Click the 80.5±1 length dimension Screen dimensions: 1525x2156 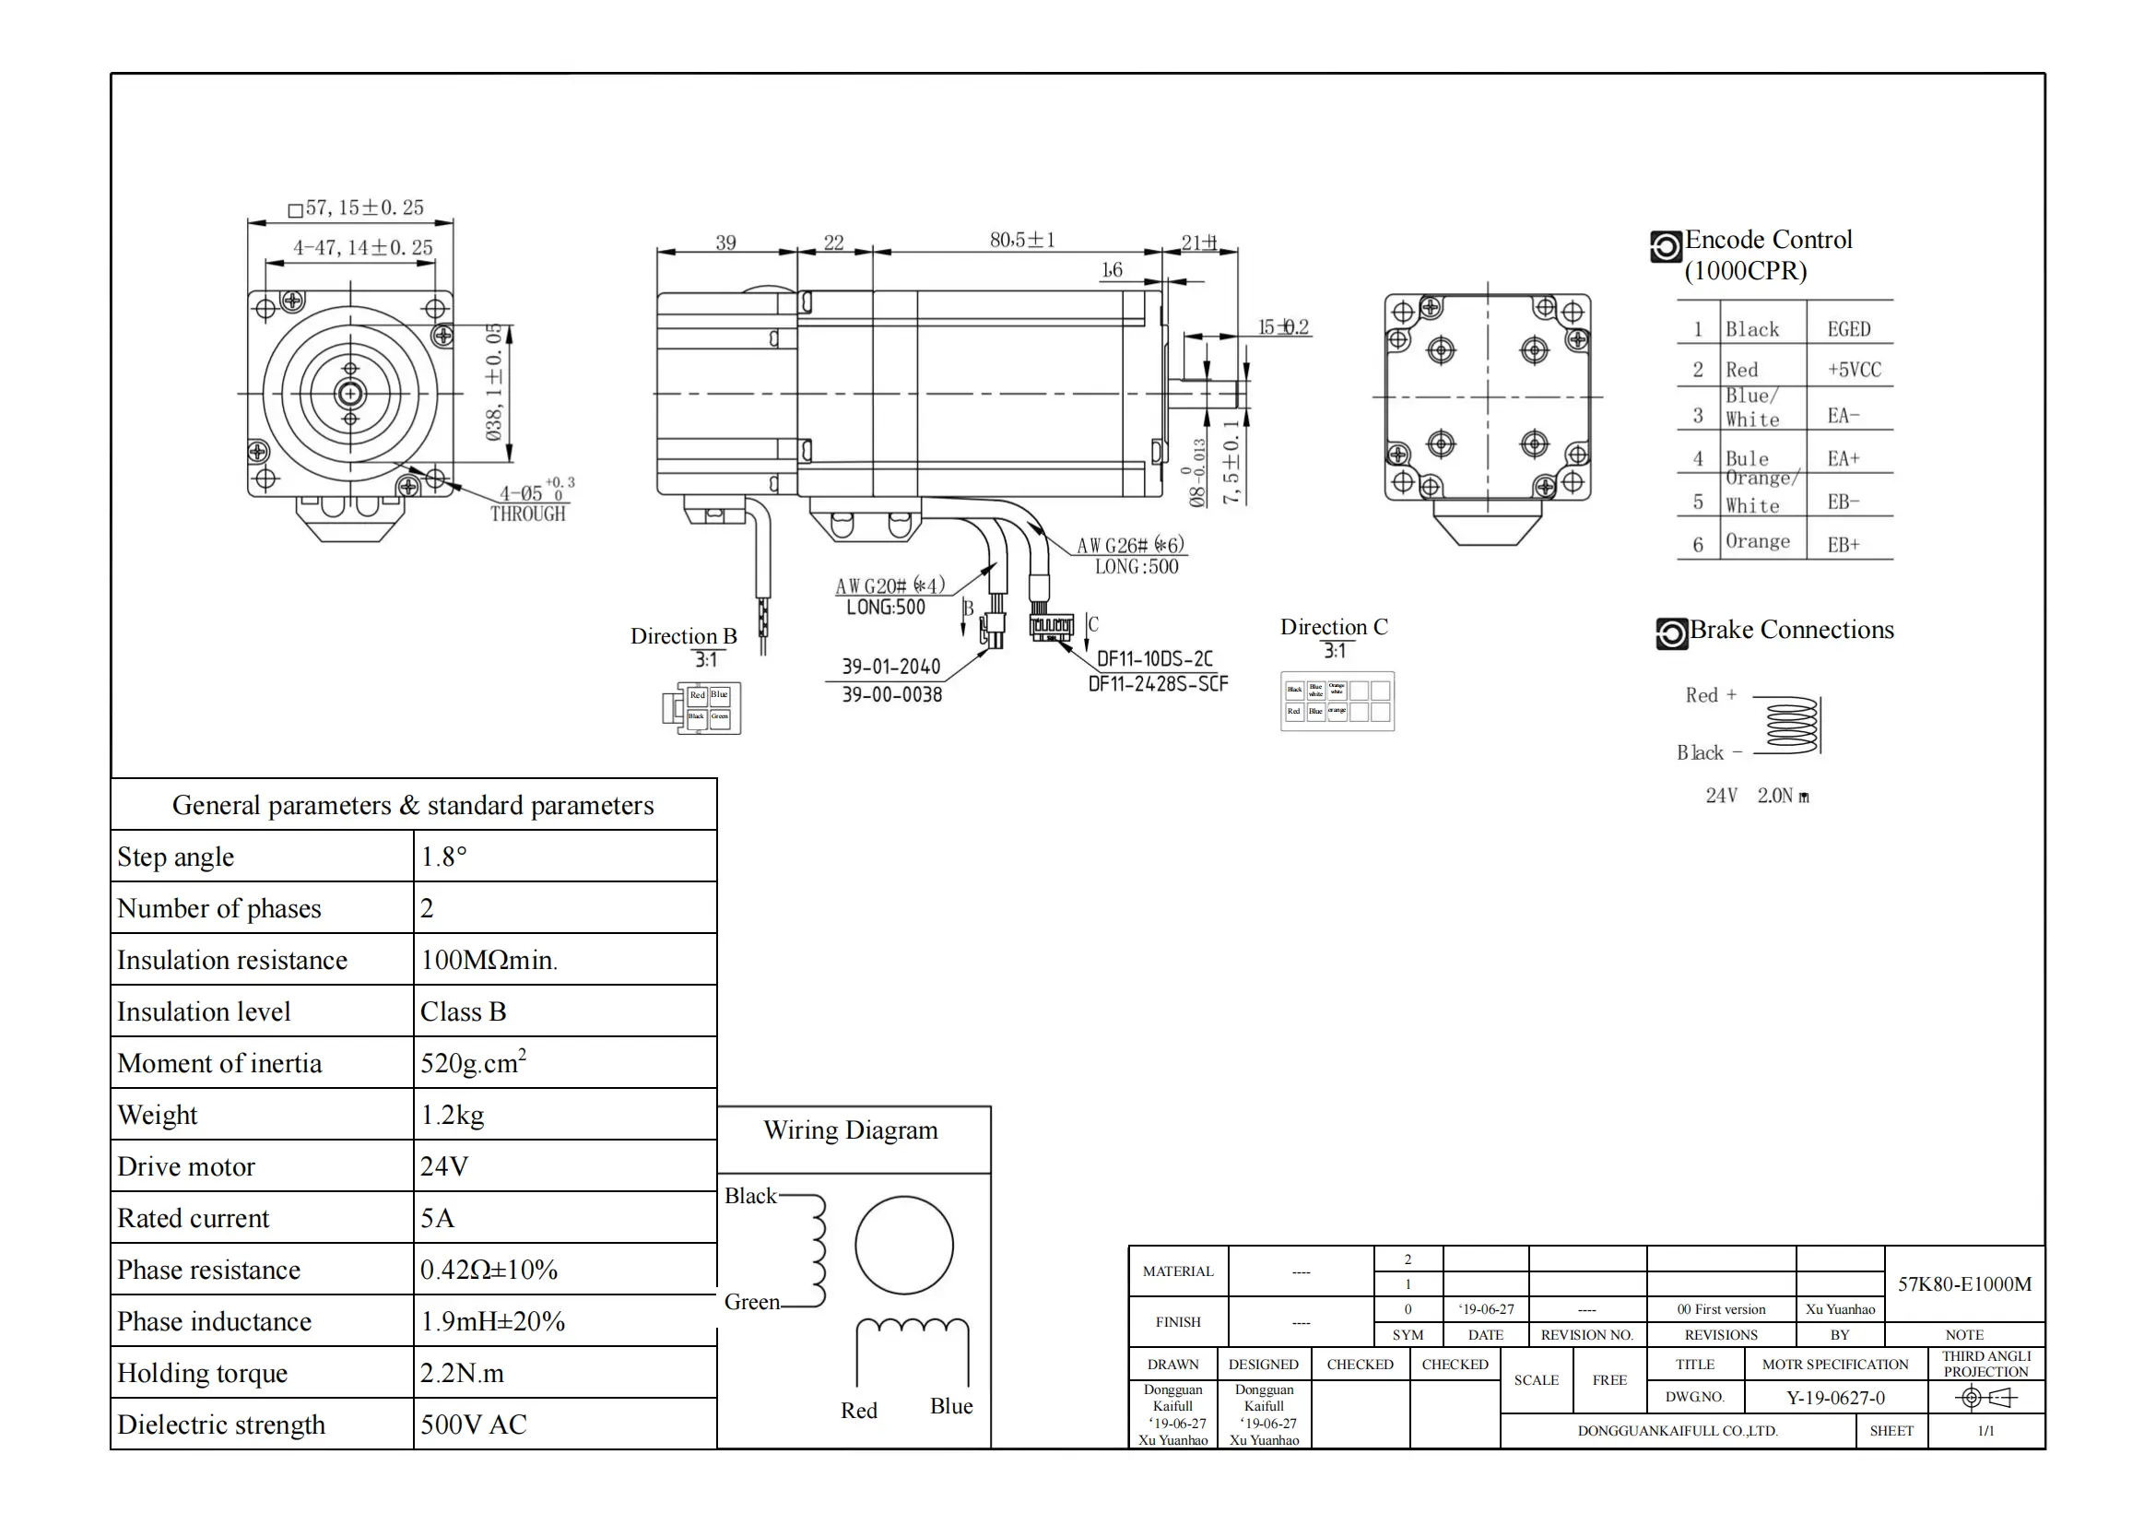[x=1021, y=241]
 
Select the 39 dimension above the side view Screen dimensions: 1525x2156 [x=725, y=242]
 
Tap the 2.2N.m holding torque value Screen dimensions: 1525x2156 [x=462, y=1373]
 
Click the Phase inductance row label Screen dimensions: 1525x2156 [x=214, y=1321]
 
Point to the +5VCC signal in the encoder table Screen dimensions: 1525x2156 [x=1854, y=370]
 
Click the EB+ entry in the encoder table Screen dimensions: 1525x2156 [x=1843, y=545]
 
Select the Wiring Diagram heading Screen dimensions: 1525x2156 [x=851, y=1129]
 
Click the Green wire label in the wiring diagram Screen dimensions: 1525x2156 [x=751, y=1302]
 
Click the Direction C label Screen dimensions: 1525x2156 [x=1334, y=626]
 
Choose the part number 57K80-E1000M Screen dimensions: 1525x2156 [x=1964, y=1283]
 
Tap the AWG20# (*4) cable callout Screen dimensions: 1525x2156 [x=889, y=586]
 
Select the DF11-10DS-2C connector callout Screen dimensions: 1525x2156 [x=1155, y=658]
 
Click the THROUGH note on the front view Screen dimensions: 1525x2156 [x=528, y=514]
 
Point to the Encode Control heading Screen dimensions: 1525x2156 [x=1768, y=241]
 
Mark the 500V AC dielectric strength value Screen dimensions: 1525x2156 [x=473, y=1425]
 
